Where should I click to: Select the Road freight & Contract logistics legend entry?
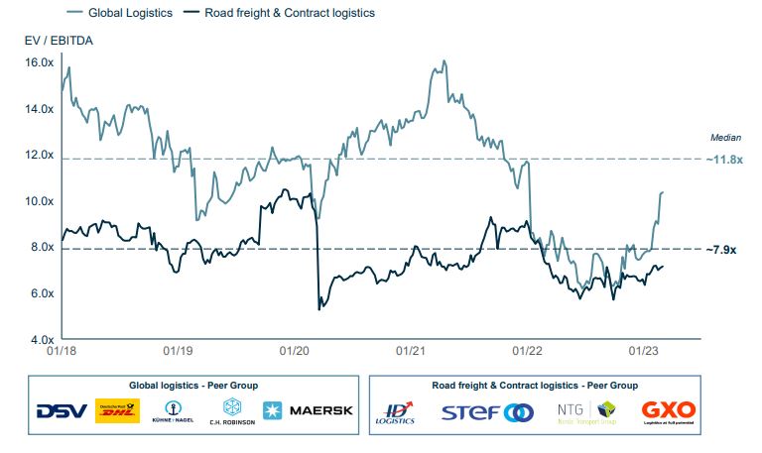pyautogui.click(x=289, y=13)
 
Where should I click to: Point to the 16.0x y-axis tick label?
pyautogui.click(x=39, y=62)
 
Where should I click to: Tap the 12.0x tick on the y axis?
pyautogui.click(x=39, y=155)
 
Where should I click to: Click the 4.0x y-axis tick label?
pyautogui.click(x=39, y=340)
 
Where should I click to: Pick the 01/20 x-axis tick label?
pyautogui.click(x=296, y=351)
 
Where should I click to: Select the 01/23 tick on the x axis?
pyautogui.click(x=646, y=351)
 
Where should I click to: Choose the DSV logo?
pyautogui.click(x=62, y=411)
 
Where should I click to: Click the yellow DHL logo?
pyautogui.click(x=117, y=410)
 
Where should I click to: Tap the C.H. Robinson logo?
pyautogui.click(x=231, y=411)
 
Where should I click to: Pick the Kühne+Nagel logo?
pyautogui.click(x=174, y=411)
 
